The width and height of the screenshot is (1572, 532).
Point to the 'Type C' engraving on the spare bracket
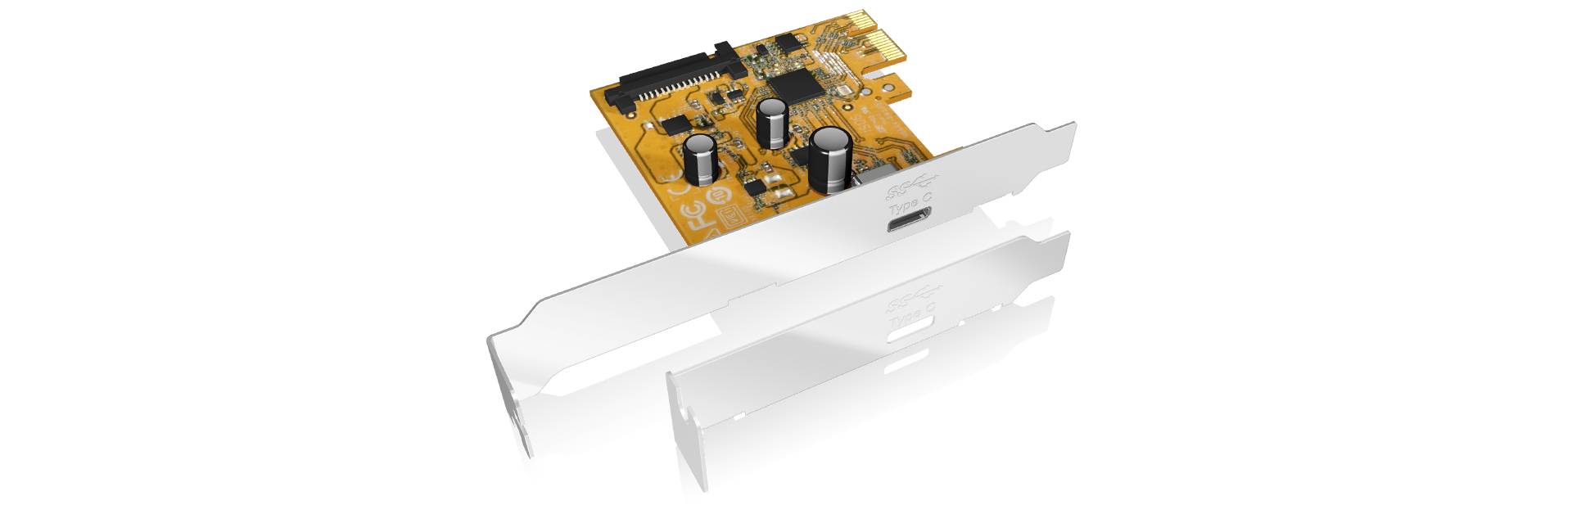click(x=911, y=315)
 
